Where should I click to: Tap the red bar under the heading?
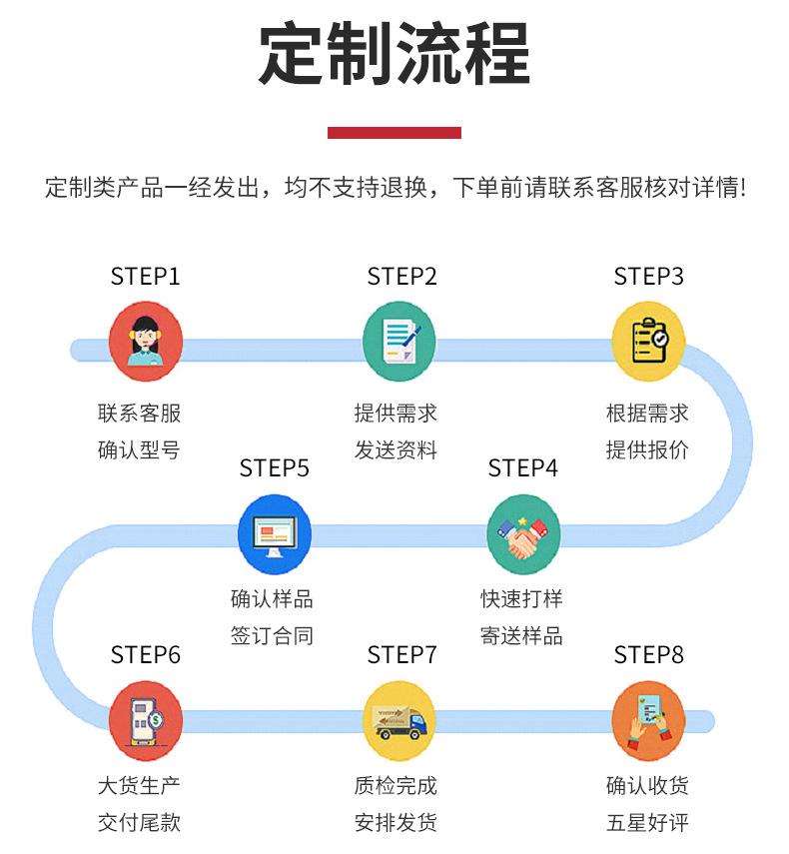point(394,132)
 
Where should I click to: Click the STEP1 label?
point(146,277)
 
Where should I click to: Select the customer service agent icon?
point(146,343)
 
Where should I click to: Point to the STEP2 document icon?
point(399,343)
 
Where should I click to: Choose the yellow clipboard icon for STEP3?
point(648,343)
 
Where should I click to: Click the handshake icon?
point(523,534)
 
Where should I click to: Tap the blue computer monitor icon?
point(275,534)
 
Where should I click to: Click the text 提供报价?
point(647,449)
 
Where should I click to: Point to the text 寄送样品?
point(521,635)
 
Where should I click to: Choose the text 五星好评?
point(647,823)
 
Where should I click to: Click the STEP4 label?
point(523,467)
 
